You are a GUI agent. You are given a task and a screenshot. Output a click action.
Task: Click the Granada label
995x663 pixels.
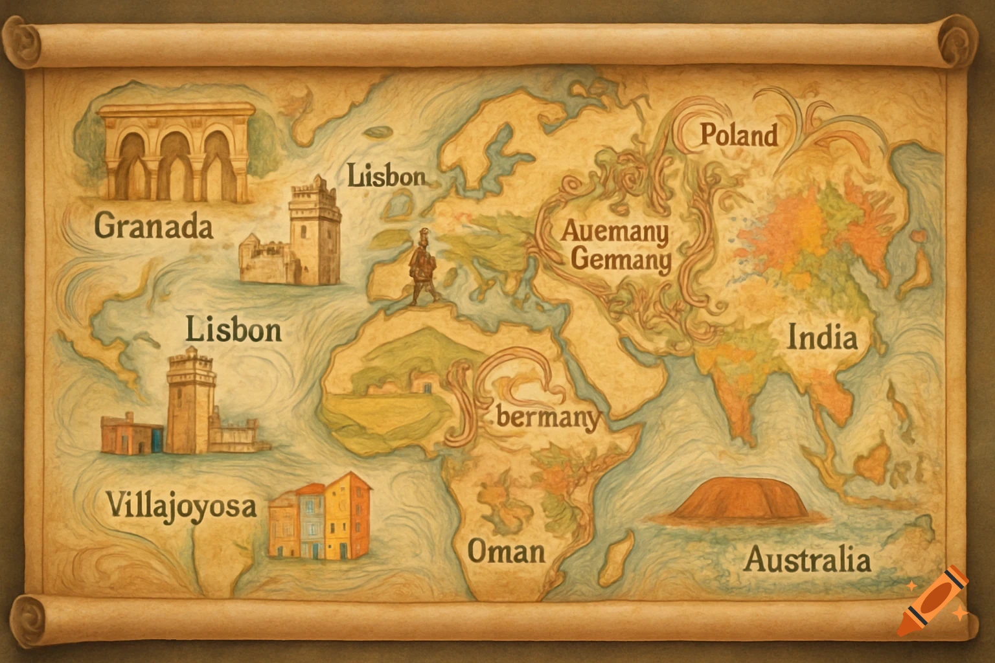pos(154,227)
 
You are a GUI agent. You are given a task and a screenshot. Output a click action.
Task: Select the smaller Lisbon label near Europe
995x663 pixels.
pos(387,176)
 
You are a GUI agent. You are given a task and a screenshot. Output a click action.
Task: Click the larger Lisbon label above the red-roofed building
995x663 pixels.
pos(234,330)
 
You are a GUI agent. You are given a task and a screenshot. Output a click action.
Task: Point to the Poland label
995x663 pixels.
pos(738,136)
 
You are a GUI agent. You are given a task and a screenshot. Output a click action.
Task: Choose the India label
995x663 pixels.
pos(822,338)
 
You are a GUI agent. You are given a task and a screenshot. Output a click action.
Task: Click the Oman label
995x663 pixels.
pos(506,552)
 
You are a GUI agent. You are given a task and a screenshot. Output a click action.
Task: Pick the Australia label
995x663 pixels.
pos(807,559)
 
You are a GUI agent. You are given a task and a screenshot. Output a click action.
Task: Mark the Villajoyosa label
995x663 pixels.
pos(181,506)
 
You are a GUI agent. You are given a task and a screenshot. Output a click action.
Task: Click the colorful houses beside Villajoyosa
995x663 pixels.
pos(321,516)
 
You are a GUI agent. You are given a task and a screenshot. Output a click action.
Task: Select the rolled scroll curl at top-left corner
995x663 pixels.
pos(25,41)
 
